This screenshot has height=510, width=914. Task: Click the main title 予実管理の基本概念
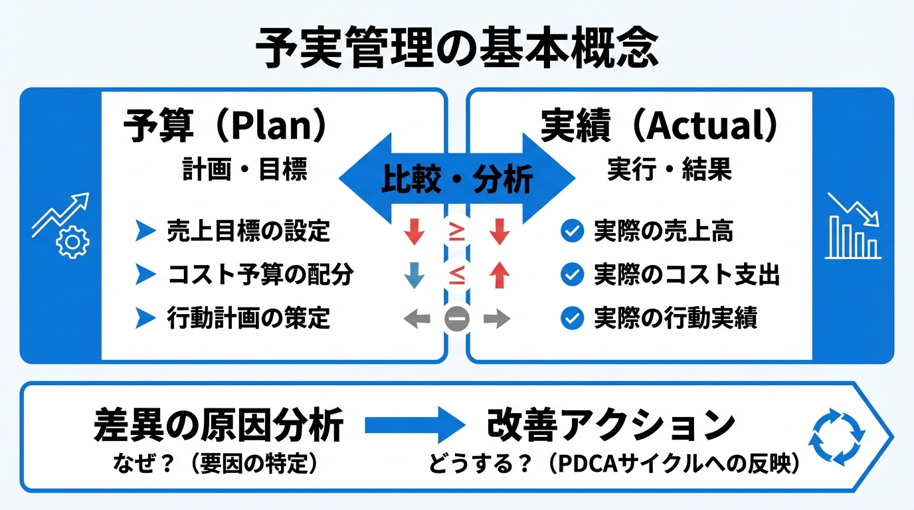pos(457,48)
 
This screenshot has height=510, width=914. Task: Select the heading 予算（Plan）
pos(225,127)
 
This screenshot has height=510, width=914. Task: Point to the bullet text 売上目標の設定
pos(248,231)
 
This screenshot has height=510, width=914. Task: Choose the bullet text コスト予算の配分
pos(260,275)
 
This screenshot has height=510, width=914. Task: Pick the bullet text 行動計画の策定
pos(248,319)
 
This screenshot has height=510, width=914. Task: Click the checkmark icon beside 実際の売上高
pos(571,231)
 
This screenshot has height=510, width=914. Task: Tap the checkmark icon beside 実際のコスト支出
pos(571,275)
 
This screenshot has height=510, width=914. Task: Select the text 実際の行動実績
pos(676,319)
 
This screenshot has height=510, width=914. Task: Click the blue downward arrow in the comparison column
pos(414,275)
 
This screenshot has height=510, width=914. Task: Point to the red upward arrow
pos(500,275)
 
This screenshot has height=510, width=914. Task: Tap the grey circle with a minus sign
pos(457,319)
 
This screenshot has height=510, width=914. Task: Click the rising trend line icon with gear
pos(60,224)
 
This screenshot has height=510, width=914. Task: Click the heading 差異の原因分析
pos(219,425)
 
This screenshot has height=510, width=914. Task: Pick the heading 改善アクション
pos(611,425)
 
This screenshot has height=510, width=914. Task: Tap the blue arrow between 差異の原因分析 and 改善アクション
pos(412,426)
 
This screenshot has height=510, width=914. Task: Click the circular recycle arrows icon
pos(836,436)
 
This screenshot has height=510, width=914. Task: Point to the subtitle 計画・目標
pos(244,170)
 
